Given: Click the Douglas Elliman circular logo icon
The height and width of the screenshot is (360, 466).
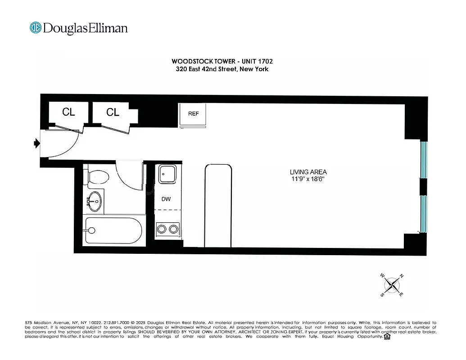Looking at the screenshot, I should tap(36, 28).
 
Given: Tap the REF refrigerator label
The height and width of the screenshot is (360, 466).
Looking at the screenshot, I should tap(194, 113).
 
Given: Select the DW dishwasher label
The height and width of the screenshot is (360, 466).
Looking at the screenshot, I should tap(166, 199).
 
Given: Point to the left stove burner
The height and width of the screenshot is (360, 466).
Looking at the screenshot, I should tap(161, 229).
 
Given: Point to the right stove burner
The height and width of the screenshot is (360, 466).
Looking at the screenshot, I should tap(173, 229).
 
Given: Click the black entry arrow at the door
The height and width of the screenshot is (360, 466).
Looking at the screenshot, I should tap(36, 144).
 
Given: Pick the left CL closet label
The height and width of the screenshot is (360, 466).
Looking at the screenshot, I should tap(68, 112).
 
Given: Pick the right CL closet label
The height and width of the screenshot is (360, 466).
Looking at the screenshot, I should tap(113, 112).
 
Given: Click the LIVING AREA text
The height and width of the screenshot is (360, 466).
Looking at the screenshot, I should tap(308, 172).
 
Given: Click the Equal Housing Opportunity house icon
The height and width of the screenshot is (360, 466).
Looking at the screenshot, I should tap(386, 336).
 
